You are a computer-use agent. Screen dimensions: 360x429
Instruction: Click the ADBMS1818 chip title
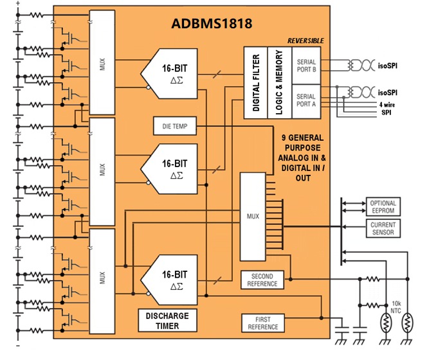pyautogui.click(x=211, y=24)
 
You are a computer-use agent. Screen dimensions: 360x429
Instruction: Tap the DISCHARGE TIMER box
pyautogui.click(x=167, y=321)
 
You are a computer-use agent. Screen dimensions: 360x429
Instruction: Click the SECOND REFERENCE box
pyautogui.click(x=262, y=280)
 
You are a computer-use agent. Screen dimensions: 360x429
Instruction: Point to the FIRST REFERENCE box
pyautogui.click(x=262, y=323)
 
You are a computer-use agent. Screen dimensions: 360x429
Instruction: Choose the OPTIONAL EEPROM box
pyautogui.click(x=383, y=206)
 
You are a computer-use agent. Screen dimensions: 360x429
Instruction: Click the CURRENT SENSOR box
pyautogui.click(x=383, y=228)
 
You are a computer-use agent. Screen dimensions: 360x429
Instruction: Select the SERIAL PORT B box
pyautogui.click(x=307, y=66)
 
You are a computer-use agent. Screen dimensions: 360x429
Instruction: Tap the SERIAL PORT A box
pyautogui.click(x=307, y=100)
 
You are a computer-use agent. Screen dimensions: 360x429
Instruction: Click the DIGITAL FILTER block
pyautogui.click(x=256, y=82)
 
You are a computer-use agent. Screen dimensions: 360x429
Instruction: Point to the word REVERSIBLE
pyautogui.click(x=306, y=40)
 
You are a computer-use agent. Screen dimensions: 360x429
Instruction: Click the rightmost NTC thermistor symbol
pyautogui.click(x=406, y=325)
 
